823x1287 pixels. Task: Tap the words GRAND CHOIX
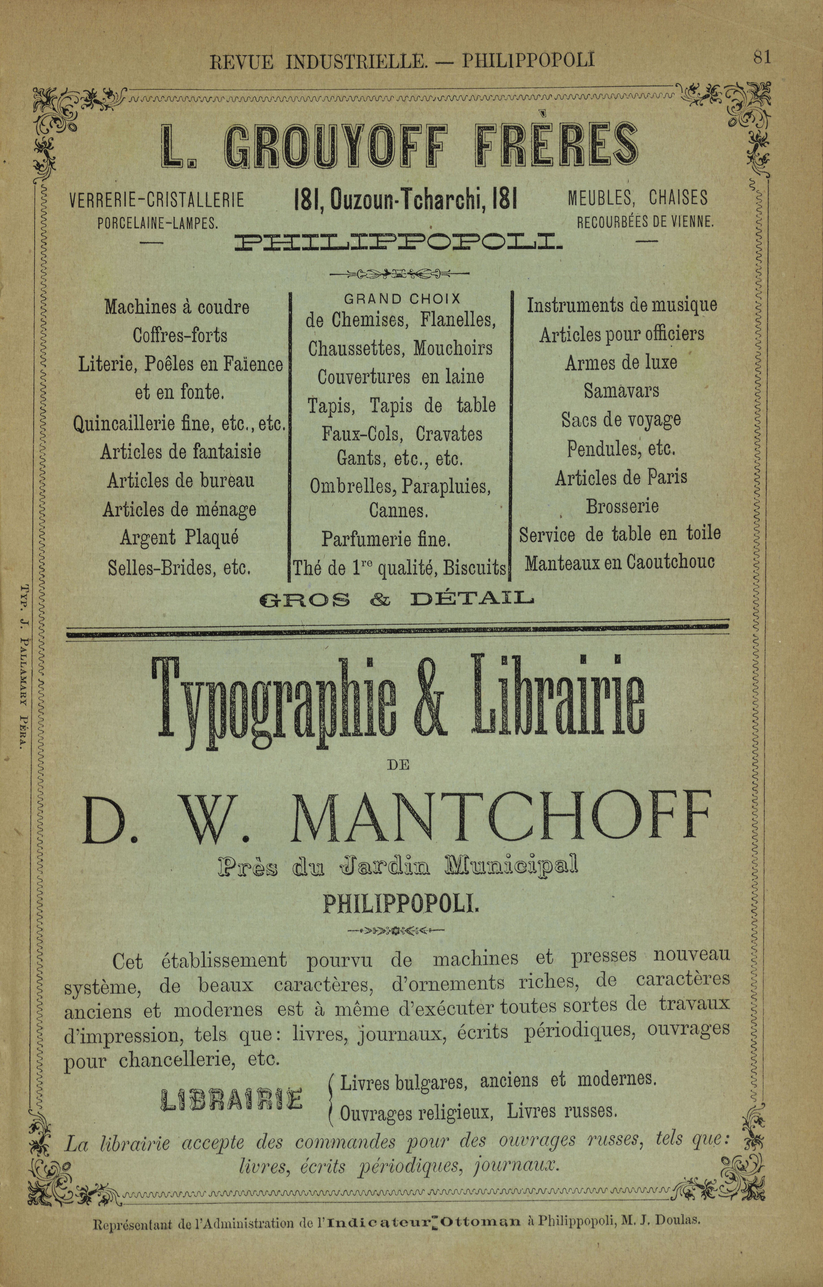pos(402,298)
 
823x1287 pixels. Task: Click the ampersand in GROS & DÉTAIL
pos(379,600)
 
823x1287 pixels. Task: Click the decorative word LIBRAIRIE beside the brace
pos(231,1098)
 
